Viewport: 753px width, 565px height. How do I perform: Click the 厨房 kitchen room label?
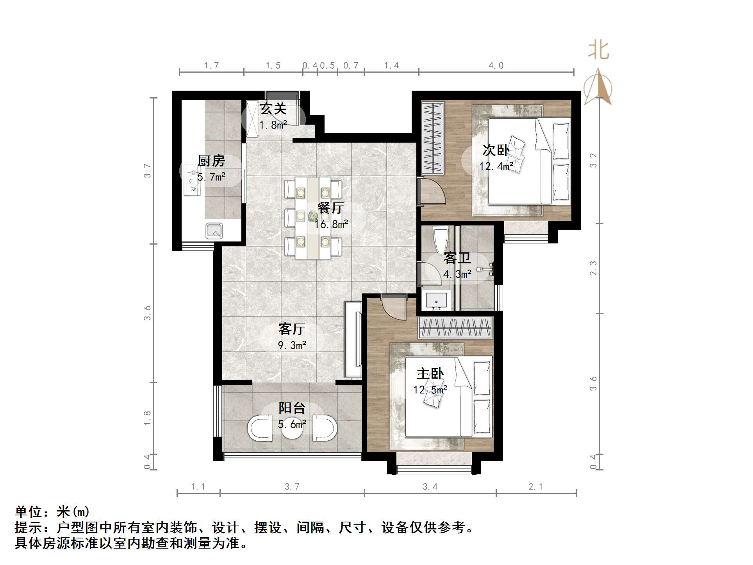(211, 161)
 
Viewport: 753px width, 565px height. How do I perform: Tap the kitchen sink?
(214, 231)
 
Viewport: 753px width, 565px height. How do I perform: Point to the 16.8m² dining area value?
(331, 224)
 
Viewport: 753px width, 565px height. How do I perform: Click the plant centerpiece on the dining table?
(312, 216)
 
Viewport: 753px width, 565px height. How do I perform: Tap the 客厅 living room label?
(291, 329)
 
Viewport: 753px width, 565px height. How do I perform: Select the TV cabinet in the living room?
(353, 339)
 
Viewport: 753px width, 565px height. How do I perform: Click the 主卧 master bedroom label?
(430, 374)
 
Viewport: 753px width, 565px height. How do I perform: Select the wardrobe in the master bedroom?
(455, 328)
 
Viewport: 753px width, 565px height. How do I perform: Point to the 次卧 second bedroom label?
(496, 150)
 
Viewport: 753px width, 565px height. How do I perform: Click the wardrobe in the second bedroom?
(433, 138)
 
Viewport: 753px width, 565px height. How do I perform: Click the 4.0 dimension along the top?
(496, 66)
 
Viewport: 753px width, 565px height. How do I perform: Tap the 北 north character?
(598, 51)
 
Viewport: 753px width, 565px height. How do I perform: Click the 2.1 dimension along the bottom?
(535, 487)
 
